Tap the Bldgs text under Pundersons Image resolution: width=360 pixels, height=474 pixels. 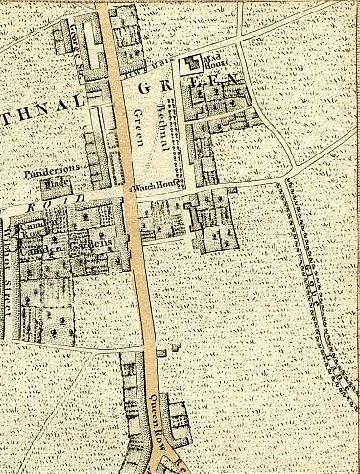tap(58, 185)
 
